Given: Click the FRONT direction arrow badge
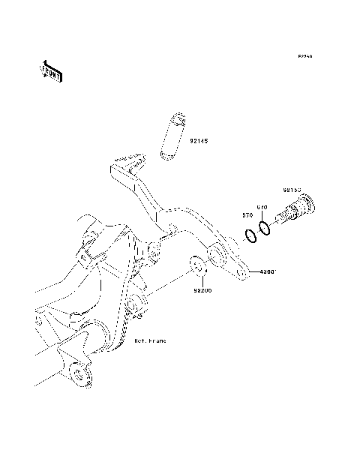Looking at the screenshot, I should (x=51, y=70).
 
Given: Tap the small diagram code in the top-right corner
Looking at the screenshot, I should (x=304, y=56).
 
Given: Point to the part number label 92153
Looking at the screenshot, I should (x=292, y=190).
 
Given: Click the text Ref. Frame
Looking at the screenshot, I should (x=150, y=340).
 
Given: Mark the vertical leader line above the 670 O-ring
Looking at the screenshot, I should (x=262, y=215).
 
